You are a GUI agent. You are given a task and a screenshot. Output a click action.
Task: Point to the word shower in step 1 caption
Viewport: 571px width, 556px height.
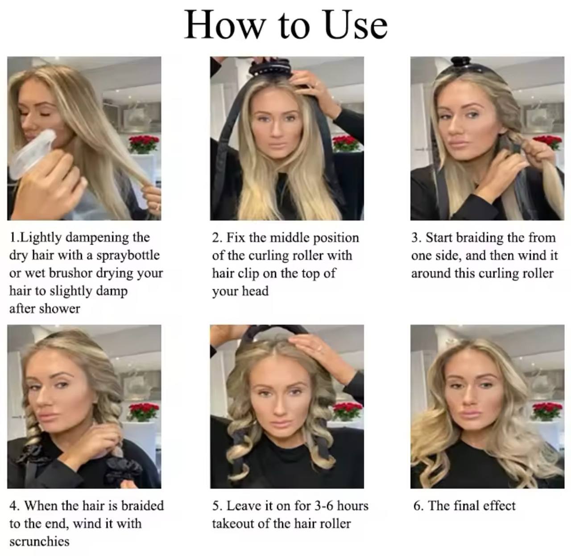60,309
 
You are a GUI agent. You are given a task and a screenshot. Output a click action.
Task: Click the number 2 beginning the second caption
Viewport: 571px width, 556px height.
216,238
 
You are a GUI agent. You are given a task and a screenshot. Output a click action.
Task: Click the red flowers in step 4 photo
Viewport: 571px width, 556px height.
144,411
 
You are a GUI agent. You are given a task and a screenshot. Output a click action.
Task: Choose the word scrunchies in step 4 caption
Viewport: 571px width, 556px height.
39,541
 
